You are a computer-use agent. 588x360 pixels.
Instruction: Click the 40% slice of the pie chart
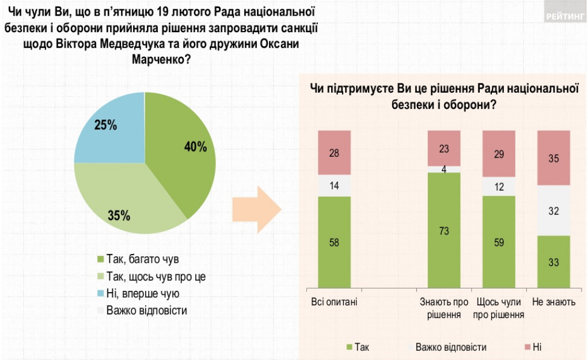[x=184, y=150]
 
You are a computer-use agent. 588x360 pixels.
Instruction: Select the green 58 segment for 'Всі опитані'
[x=334, y=242]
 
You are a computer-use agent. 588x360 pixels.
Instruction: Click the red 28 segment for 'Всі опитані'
[x=334, y=152]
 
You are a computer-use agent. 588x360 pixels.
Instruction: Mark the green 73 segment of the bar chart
[x=443, y=230]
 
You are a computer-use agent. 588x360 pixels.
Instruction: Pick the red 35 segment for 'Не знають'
[x=553, y=158]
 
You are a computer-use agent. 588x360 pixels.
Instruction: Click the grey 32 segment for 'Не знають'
[x=553, y=211]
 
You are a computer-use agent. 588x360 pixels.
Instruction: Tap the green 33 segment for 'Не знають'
[x=553, y=262]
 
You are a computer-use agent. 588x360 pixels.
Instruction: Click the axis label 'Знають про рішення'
[x=443, y=308]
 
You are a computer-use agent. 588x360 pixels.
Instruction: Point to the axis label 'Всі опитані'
[x=334, y=302]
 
